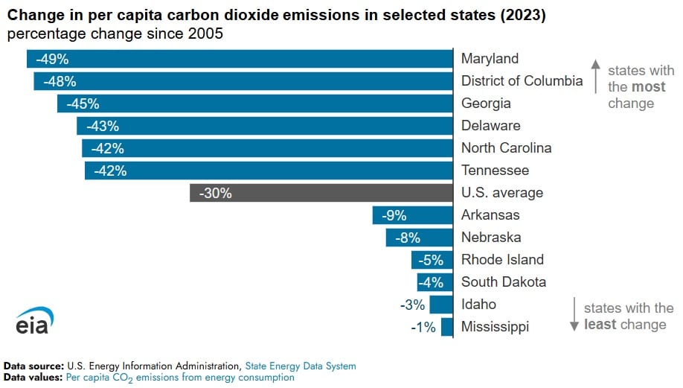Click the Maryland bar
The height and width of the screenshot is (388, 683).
pos(240,59)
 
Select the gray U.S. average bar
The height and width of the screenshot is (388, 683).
pos(321,193)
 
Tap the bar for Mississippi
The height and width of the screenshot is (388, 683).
pos(447,327)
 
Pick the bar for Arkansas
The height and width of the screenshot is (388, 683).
pos(413,215)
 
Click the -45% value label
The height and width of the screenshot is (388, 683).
pos(82,104)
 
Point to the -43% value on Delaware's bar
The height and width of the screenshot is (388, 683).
pos(103,126)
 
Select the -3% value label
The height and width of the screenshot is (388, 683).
pos(411,305)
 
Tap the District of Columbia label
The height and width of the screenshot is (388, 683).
pos(522,81)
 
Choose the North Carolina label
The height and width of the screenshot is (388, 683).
pos(506,148)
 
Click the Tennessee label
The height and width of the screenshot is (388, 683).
pos(495,171)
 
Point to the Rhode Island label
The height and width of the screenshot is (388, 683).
pos(502,260)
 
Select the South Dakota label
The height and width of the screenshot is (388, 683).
pos(504,282)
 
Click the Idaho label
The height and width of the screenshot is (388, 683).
pos(478,305)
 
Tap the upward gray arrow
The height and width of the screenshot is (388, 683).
pos(595,77)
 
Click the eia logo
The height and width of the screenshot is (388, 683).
pos(34,322)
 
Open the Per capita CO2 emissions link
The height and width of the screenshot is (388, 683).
pos(180,378)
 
